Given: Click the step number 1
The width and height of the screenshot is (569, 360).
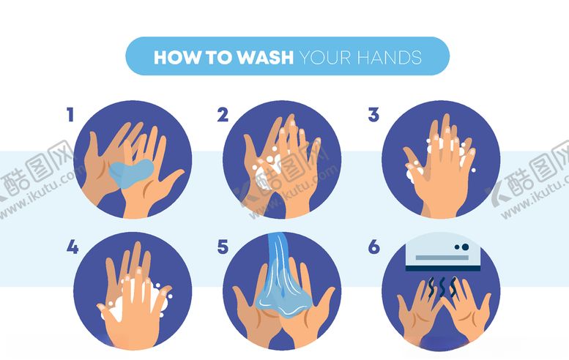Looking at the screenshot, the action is click(x=70, y=115).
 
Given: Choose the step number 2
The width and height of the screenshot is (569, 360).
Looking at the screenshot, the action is click(x=223, y=115).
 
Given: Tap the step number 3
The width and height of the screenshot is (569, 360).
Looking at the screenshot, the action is click(x=373, y=115).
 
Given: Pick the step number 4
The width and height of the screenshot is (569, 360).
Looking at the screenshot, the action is click(x=72, y=247).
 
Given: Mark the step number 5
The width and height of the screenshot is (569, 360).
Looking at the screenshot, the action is click(x=223, y=247).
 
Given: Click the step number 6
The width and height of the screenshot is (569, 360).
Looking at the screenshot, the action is click(x=373, y=247).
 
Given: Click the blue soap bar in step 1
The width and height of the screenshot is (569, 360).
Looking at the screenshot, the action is click(x=130, y=173).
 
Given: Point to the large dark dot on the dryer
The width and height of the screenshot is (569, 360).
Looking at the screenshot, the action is click(x=465, y=247).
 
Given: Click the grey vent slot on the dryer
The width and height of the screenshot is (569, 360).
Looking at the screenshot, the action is click(x=442, y=258).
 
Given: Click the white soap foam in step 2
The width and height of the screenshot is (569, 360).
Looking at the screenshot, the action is click(x=267, y=173).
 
